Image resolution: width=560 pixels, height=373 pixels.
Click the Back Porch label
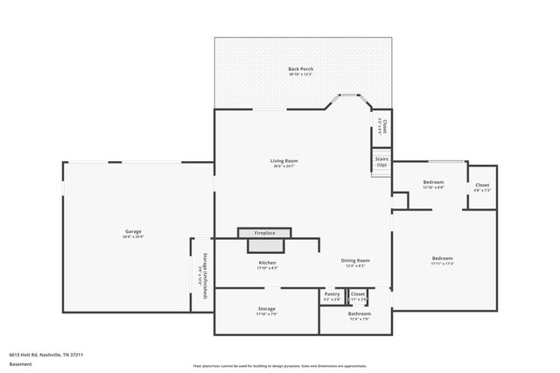pos(301,69)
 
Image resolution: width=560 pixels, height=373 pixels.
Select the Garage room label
pos(133,232)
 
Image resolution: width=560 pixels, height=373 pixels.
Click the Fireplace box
pos(264,233)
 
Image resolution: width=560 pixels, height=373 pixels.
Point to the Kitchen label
pos(267,264)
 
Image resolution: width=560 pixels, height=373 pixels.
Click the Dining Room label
pos(356,260)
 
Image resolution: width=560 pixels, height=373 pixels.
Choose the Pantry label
pos(332,294)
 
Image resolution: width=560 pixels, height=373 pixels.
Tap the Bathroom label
pos(359,313)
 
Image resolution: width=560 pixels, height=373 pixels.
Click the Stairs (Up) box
pos(381,162)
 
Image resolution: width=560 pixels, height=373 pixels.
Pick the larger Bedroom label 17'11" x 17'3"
pos(442,258)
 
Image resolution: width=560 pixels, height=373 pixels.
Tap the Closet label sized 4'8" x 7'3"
pos(482,186)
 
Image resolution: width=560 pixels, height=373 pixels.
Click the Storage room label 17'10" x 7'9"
pos(267,309)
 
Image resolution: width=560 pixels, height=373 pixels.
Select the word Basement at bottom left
pos(20,363)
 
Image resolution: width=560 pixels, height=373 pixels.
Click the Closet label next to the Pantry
pos(358,294)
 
